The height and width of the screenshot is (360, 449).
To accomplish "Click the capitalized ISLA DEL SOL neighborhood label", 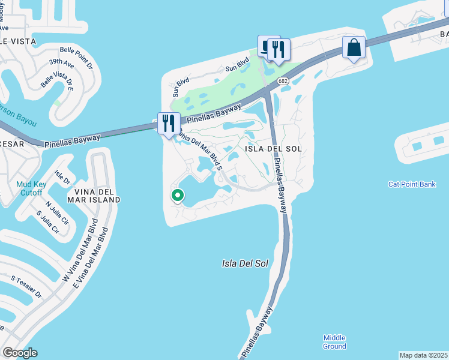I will (273, 148).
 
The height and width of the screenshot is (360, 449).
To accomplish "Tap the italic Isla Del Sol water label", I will (244, 263).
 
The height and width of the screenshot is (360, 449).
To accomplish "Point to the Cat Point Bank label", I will (412, 184).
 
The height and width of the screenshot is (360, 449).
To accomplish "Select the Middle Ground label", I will (334, 342).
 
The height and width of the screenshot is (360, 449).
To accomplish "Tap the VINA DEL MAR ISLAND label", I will (94, 195).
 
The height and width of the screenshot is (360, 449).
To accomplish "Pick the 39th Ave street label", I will (62, 64).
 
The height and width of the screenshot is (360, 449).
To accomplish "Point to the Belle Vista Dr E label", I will (56, 79).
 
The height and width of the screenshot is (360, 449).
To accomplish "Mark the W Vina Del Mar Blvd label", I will (77, 254).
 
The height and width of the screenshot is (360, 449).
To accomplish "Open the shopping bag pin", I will (354, 48).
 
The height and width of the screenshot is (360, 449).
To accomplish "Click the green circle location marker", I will (178, 195).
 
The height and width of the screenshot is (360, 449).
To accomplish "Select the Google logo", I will (20, 353).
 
